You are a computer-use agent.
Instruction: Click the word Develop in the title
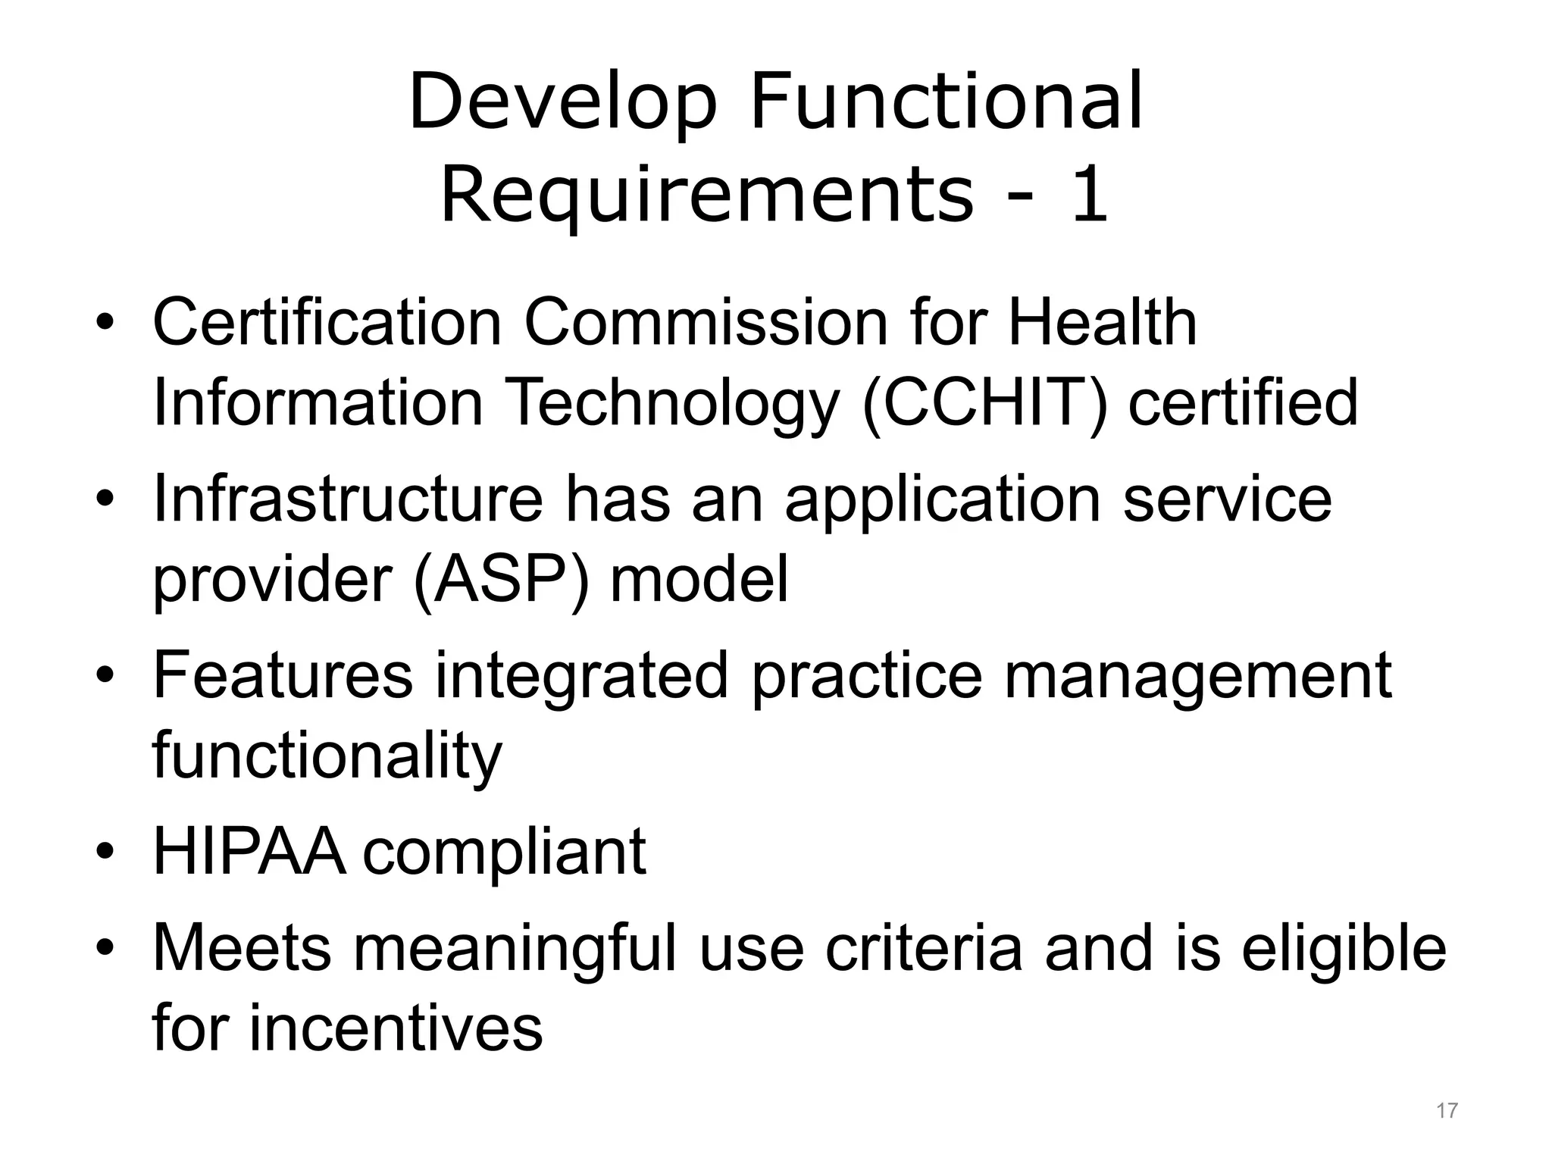pos(562,102)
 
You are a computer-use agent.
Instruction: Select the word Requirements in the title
pos(706,196)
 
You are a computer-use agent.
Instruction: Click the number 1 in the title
pos(1090,196)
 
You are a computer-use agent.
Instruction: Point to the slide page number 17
pos(1447,1111)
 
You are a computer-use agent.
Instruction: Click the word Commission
pos(706,323)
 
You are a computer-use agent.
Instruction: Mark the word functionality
pos(327,756)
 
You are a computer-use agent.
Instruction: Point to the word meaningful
pos(515,948)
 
